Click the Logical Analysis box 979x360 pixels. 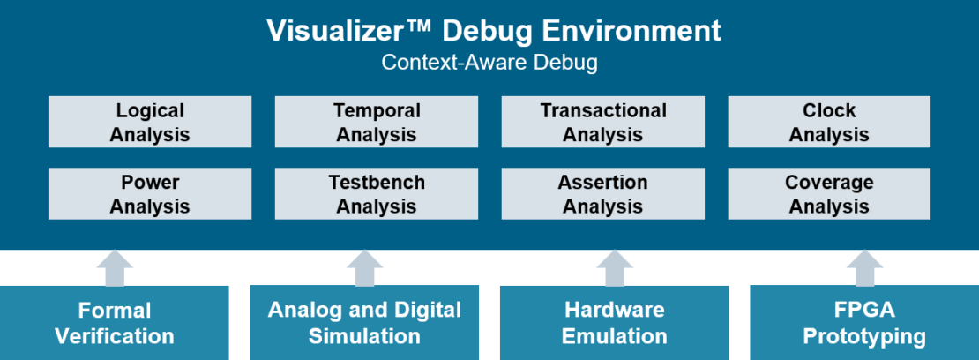(150, 122)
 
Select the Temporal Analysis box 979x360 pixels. (377, 122)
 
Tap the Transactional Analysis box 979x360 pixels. (603, 122)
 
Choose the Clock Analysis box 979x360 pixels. (829, 122)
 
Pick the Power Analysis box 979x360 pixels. (150, 194)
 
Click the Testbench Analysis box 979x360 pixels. (377, 194)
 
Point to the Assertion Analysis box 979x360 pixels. (603, 194)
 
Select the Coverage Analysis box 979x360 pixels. (829, 194)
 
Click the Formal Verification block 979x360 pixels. (115, 323)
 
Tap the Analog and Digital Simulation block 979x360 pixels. (364, 323)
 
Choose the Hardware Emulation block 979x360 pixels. (615, 323)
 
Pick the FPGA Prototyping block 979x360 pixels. (864, 323)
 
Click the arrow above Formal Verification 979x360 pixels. (115, 267)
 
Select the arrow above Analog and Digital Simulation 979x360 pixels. (364, 267)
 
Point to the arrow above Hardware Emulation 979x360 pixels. (615, 267)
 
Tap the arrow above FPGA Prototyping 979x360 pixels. (864, 267)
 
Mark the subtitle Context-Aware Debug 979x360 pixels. (489, 63)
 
